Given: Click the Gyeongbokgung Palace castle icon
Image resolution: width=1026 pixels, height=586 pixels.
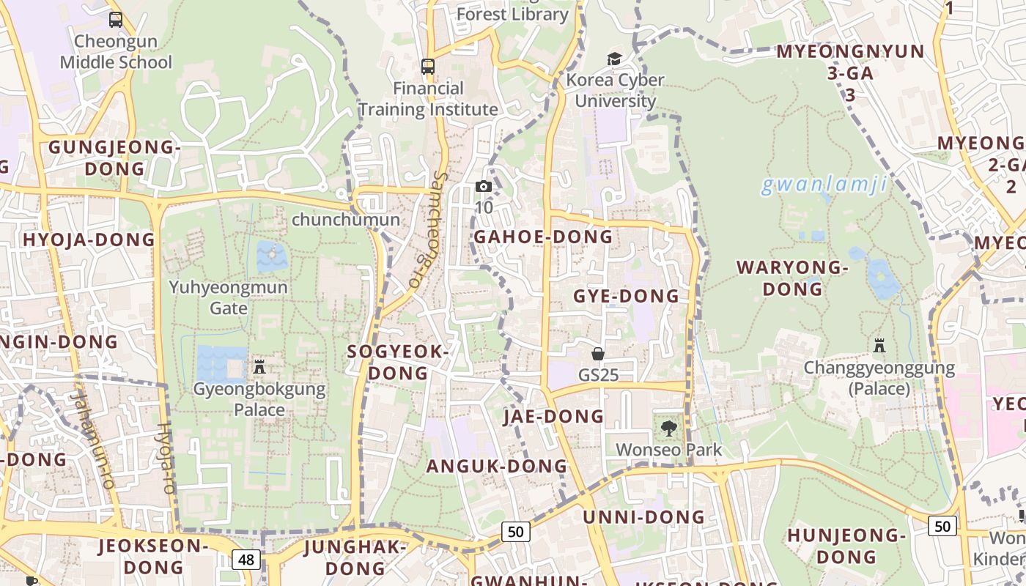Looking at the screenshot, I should pos(259,366).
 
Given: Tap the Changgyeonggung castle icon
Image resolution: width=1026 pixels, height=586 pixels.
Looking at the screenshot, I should pos(879,345).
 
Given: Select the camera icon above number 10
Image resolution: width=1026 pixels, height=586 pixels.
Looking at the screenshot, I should pos(483,187).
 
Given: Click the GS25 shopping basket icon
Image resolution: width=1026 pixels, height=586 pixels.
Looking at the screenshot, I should pos(598,355).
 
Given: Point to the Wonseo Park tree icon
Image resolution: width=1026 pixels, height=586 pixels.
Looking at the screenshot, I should pos(668,429).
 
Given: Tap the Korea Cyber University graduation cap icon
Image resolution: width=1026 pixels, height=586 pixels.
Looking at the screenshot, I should pos(614,59).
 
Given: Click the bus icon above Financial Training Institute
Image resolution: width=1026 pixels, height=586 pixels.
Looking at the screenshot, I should pos(428,67).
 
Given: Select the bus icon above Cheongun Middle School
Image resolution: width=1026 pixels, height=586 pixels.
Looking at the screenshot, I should pos(116,20).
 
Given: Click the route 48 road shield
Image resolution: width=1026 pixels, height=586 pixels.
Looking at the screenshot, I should pos(246,560).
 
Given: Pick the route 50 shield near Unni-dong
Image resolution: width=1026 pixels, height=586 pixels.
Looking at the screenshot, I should pos(516,532).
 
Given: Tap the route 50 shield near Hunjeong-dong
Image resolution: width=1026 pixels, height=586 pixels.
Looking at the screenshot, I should pos(942,526).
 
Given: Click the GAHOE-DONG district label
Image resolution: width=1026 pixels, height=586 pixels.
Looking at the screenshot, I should pos(543,237).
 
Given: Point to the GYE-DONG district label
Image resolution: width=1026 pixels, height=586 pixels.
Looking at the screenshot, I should pos(626,296).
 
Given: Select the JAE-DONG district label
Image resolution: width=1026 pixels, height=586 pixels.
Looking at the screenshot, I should pos(554,416).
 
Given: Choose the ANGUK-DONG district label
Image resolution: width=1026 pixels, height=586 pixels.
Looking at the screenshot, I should pos(497,466).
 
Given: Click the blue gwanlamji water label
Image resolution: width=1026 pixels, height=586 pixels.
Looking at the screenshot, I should pos(824,185).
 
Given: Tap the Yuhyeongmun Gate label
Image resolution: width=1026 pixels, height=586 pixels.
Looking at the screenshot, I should pos(229,297).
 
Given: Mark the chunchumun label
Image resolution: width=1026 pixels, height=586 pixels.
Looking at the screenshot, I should pos(346,220).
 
